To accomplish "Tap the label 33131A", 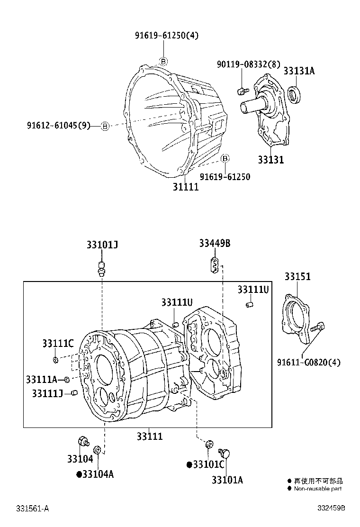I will pyautogui.click(x=299, y=71).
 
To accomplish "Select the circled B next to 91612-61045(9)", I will pyautogui.click(x=105, y=126).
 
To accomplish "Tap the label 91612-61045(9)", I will pyautogui.click(x=58, y=126).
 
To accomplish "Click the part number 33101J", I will pyautogui.click(x=102, y=245).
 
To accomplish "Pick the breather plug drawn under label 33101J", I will pyautogui.click(x=101, y=268).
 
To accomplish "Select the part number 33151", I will pyautogui.click(x=297, y=276).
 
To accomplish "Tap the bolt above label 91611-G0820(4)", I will pyautogui.click(x=318, y=327).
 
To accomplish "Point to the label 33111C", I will pyautogui.click(x=57, y=344).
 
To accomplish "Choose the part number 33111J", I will pyautogui.click(x=47, y=393).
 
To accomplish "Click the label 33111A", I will pyautogui.click(x=42, y=379).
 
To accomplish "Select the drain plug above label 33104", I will pyautogui.click(x=84, y=441).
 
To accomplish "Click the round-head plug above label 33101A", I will pyautogui.click(x=225, y=454).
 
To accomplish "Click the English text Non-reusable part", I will pyautogui.click(x=317, y=489).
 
